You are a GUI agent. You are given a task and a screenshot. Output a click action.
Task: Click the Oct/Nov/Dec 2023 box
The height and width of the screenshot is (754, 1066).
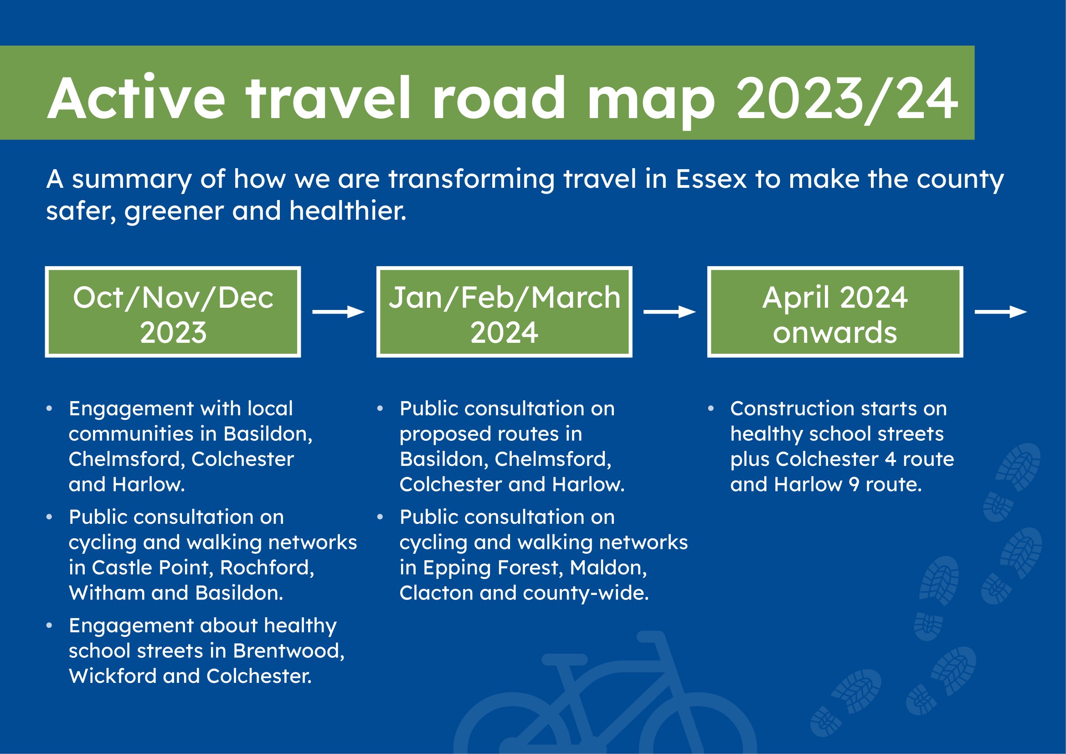pos(173,312)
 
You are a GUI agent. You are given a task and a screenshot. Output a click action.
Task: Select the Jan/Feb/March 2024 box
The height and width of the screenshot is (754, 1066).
pos(504,312)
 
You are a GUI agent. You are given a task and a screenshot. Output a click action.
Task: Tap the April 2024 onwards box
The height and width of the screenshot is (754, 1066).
pos(835,312)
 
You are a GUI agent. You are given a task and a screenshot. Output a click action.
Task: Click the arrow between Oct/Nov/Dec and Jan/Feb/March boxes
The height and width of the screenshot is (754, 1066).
pos(339,312)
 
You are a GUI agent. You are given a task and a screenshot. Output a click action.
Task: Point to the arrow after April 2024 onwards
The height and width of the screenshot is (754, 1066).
pos(1000,312)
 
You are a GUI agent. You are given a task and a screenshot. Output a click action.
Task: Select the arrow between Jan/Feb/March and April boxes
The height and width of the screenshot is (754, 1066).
pos(669,312)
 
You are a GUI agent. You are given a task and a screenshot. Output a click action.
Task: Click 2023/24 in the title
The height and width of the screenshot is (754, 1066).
pos(847,99)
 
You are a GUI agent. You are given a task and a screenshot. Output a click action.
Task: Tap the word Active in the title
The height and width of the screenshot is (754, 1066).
pos(136,98)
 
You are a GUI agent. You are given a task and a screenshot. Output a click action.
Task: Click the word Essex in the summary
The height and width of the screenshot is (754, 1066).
pos(711,179)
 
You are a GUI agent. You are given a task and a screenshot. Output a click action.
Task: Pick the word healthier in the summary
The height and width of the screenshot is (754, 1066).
pos(348,211)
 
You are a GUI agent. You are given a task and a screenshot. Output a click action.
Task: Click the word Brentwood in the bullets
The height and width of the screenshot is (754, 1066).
pos(288,651)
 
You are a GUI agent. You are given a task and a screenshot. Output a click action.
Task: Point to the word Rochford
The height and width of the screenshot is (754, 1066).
pos(267,568)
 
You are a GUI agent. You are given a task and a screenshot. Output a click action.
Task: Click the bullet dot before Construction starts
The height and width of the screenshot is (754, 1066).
pos(711,408)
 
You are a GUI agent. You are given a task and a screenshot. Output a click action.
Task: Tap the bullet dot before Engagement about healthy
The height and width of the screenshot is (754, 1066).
pos(49,625)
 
